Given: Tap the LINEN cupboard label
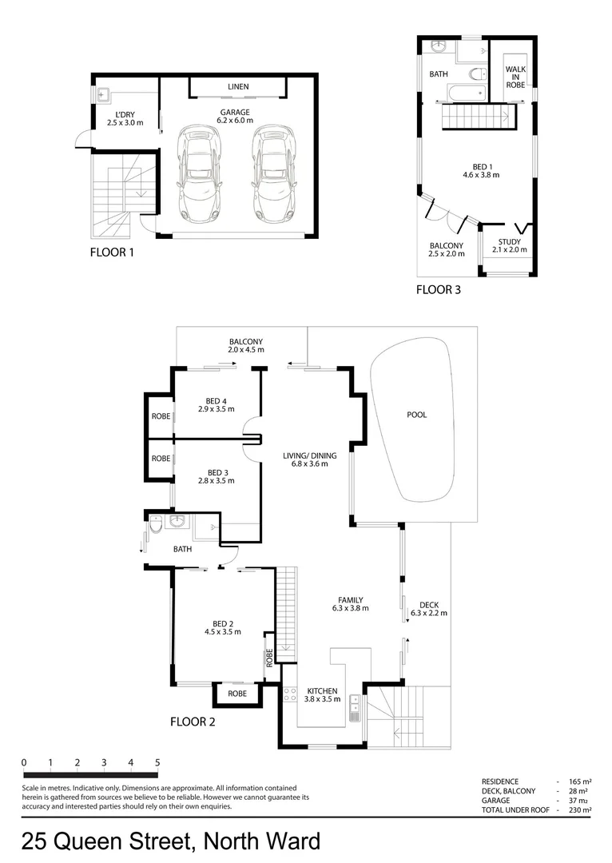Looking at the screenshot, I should tap(238, 86).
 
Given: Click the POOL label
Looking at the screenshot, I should tap(416, 415).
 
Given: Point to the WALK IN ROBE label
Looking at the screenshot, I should tap(515, 77).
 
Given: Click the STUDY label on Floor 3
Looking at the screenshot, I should tap(509, 241).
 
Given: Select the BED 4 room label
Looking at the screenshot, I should tap(216, 400).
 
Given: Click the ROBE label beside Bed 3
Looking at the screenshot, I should tap(161, 459).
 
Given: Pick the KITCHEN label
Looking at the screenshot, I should tap(322, 690).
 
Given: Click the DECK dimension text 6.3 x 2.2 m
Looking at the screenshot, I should tap(428, 614).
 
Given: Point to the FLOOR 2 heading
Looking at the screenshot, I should tap(193, 722).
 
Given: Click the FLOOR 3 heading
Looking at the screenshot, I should tap(438, 290).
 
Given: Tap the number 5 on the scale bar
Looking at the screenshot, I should tap(157, 762).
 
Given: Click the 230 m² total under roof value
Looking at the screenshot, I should tap(580, 809).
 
